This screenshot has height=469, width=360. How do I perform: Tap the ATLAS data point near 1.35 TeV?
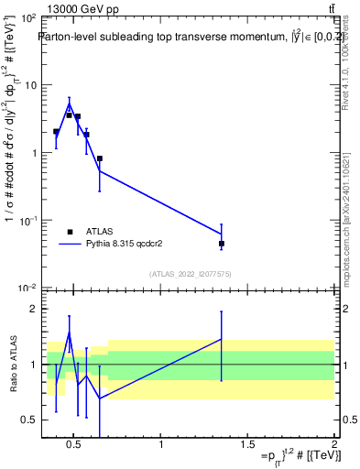click(222, 244)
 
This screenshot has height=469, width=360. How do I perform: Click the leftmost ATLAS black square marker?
click(56, 132)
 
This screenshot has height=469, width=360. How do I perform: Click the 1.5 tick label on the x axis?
click(247, 446)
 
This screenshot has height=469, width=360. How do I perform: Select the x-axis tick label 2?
click(333, 446)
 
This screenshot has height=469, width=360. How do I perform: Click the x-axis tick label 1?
click(161, 446)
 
